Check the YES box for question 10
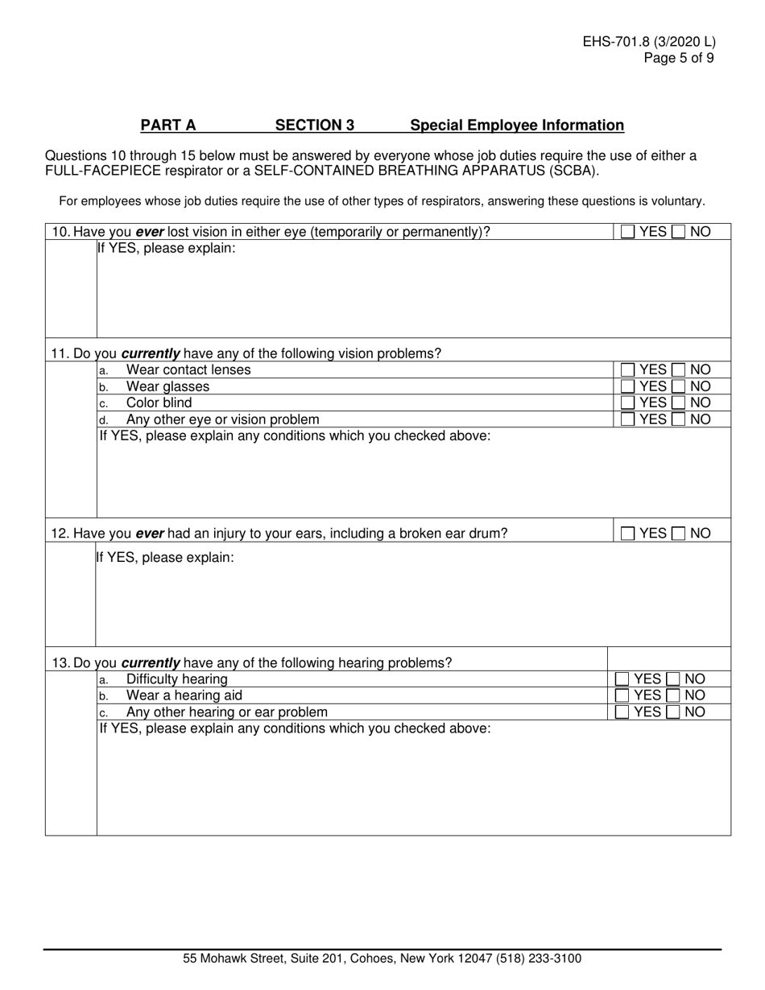[628, 233]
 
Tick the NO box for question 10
[679, 233]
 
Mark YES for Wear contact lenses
[628, 370]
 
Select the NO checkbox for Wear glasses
[679, 386]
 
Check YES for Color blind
[628, 402]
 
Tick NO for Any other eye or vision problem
[679, 419]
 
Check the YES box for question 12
[628, 534]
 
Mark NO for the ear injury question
[679, 534]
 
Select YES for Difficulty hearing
[622, 679]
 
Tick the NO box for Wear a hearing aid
[673, 695]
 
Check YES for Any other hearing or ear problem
[622, 712]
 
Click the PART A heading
[168, 126]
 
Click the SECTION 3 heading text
[315, 126]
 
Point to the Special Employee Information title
[517, 126]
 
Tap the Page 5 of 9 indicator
[678, 58]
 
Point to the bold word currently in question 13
[150, 663]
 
